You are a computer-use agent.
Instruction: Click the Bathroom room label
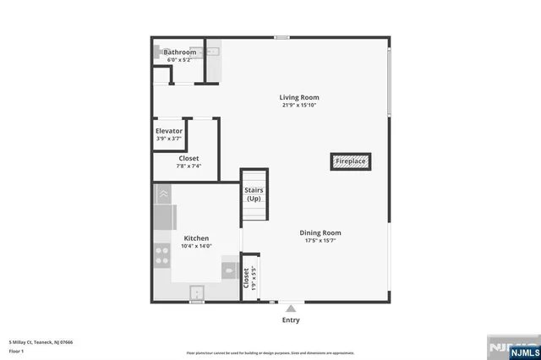[x=179, y=52]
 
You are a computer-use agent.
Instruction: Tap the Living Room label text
[x=300, y=97]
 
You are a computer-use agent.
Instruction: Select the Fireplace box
[x=350, y=161]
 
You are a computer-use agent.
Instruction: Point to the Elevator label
[x=169, y=131]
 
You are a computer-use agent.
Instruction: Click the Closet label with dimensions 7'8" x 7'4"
[x=189, y=158]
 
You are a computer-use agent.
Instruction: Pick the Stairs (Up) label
[x=254, y=194]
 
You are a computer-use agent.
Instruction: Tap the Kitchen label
[x=196, y=238]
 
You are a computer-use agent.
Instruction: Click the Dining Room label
[x=320, y=232]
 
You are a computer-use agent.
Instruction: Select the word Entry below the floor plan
[x=291, y=320]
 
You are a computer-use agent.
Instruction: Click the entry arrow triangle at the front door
[x=291, y=308]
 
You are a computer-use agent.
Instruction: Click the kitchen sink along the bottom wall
[x=198, y=292]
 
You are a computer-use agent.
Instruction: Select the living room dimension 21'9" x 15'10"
[x=300, y=105]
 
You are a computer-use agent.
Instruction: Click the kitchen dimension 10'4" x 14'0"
[x=197, y=246]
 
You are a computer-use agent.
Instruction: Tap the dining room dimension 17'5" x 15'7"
[x=320, y=240]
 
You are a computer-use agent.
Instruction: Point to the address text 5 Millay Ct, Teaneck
[x=41, y=341]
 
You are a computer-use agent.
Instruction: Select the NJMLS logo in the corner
[x=511, y=346]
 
